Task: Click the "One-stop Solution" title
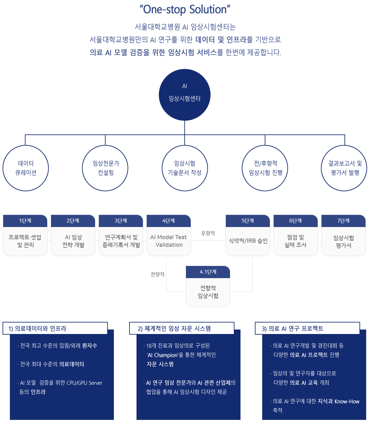tap(185, 10)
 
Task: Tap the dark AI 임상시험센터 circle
tap(185, 95)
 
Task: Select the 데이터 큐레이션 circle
tap(26, 168)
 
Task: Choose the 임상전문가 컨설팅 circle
tap(105, 168)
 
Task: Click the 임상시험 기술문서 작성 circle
tap(185, 168)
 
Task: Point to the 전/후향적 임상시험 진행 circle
tap(265, 168)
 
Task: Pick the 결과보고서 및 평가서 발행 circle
tap(344, 168)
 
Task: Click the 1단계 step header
tap(25, 221)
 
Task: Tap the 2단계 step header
tap(73, 221)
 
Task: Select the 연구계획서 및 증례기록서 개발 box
tap(121, 241)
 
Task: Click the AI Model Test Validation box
tap(169, 241)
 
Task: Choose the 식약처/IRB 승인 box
tap(248, 241)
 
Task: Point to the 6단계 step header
tap(296, 221)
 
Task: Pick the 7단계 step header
tap(344, 221)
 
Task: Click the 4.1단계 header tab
tap(208, 272)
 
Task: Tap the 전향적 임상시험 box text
tap(208, 292)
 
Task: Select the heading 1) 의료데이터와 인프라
tap(37, 329)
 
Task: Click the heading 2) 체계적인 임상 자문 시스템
tap(174, 329)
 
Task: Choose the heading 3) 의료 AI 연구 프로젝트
tap(292, 329)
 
